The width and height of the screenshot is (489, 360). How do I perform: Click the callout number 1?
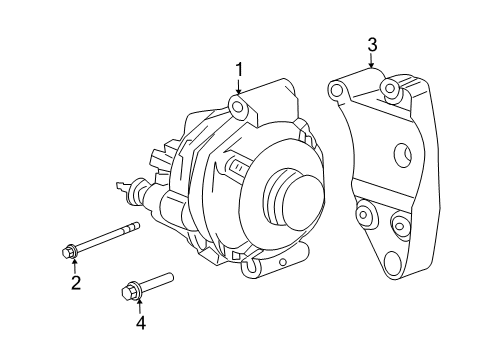[x=239, y=69]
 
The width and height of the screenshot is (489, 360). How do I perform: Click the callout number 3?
[x=372, y=44]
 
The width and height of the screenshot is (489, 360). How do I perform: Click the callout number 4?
[x=141, y=322]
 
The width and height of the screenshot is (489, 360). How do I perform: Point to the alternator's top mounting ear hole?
[x=239, y=106]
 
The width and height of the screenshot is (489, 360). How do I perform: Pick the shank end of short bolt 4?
[x=170, y=275]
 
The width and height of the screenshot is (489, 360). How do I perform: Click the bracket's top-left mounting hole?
[x=338, y=92]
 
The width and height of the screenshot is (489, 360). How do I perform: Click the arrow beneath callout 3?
[x=372, y=62]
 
